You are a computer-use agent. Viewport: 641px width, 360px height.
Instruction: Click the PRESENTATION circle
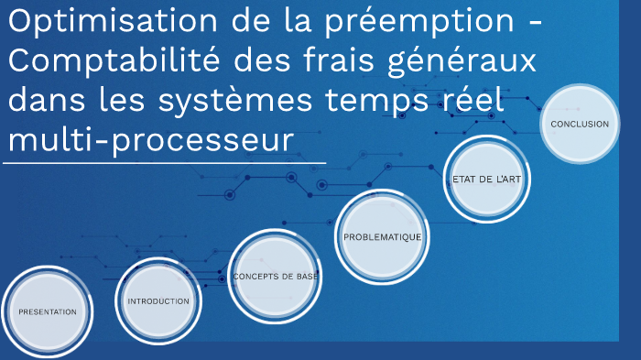coord(48,312)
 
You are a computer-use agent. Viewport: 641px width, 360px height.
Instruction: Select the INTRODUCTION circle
coord(158,301)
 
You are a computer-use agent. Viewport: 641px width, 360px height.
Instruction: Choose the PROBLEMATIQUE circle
coord(382,236)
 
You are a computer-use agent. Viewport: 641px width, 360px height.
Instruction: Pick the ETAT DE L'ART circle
coord(487,180)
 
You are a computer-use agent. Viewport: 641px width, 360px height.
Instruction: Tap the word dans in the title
coord(43,102)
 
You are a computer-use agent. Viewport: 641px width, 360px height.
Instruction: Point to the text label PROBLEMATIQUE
coord(382,237)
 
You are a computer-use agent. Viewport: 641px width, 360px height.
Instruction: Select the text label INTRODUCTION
coord(158,301)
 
